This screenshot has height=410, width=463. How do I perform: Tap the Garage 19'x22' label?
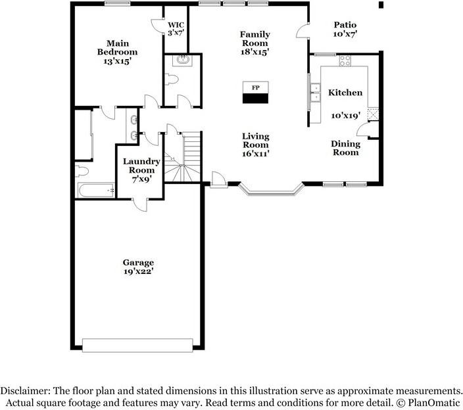[x=137, y=266]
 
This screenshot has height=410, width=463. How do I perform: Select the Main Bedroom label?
[x=117, y=52]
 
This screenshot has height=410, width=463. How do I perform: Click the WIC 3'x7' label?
[x=176, y=28]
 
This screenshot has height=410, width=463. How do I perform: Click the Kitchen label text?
[x=345, y=93]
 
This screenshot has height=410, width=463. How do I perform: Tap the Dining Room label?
[x=345, y=148]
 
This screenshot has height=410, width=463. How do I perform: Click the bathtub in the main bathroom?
[x=96, y=191]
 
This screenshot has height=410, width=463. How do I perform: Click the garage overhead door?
[x=137, y=344]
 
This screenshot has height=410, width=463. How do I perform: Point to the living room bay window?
[x=270, y=193]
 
